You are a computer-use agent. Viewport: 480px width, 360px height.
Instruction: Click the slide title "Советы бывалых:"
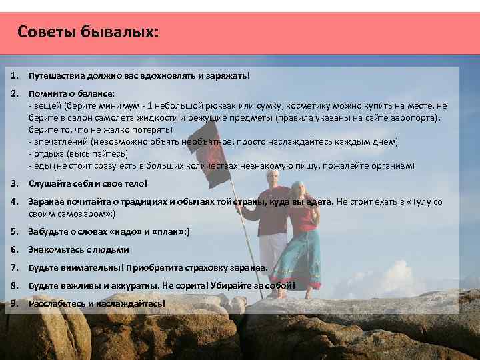pos(88,32)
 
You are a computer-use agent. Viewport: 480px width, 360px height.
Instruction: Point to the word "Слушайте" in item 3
pos(48,183)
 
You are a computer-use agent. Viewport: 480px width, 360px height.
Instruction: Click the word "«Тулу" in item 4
pos(419,201)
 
